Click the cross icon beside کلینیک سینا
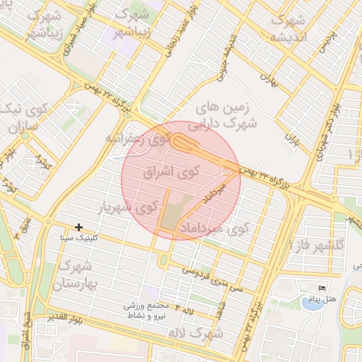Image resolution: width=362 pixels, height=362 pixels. [78, 227]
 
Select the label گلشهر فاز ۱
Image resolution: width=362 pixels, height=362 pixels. [325, 243]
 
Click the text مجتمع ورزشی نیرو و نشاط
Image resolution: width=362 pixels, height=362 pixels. [148, 312]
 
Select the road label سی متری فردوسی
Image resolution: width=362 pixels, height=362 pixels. [211, 276]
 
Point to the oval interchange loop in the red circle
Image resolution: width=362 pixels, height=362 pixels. [188, 144]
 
